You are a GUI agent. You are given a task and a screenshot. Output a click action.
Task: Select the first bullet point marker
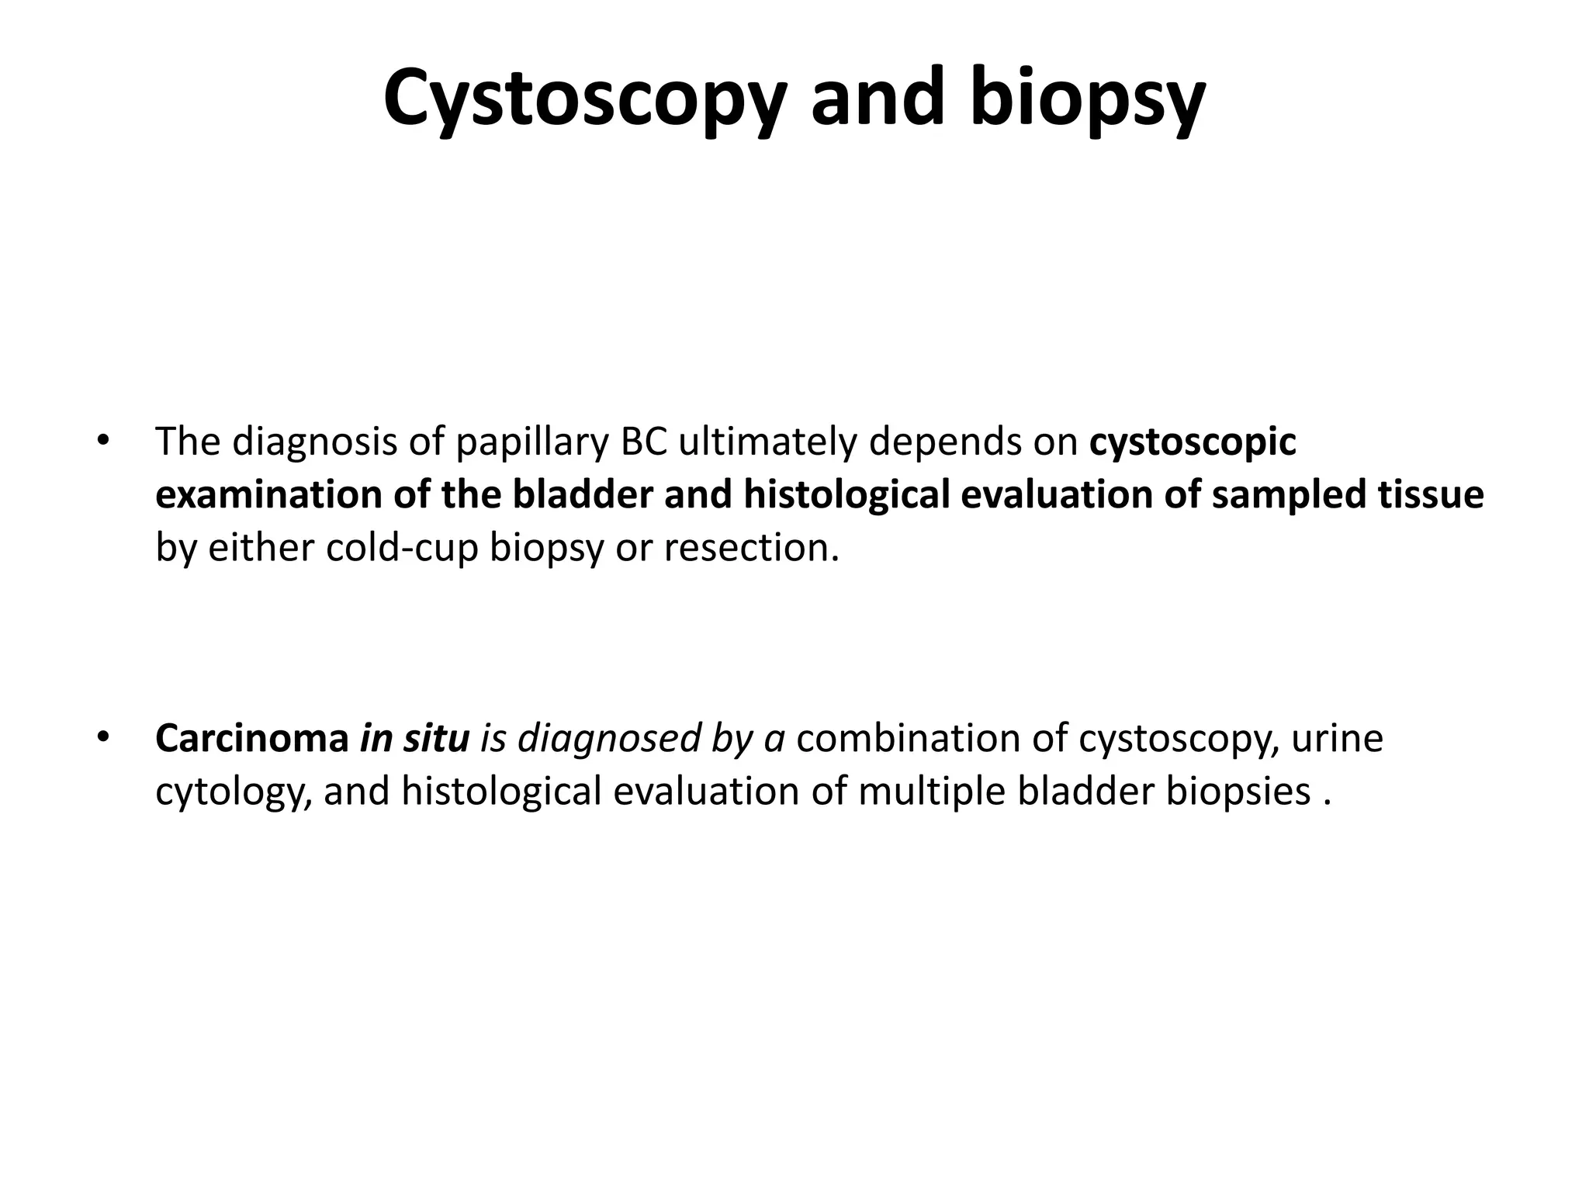click(102, 440)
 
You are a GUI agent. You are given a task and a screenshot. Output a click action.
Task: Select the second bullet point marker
click(102, 736)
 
